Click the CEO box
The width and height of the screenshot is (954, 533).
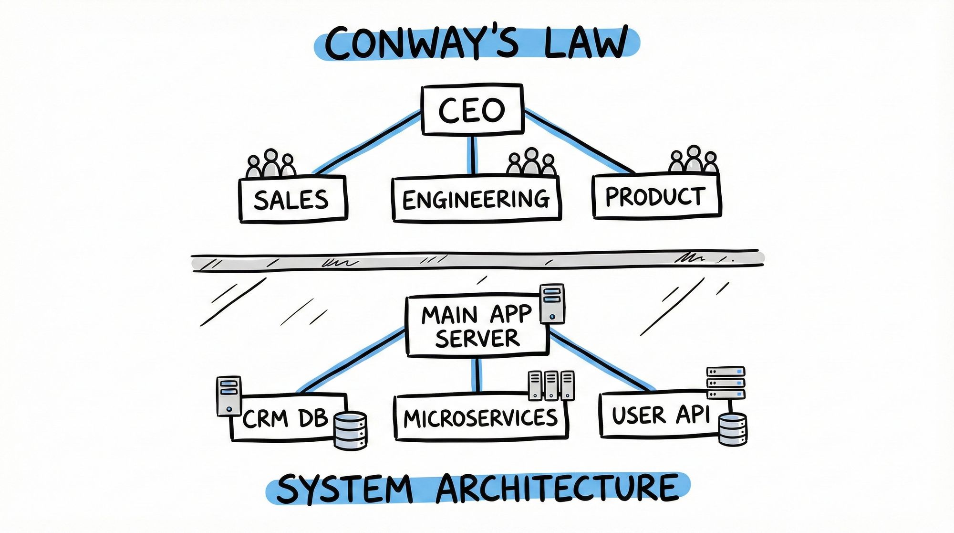[472, 110]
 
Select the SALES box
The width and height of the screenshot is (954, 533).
[292, 199]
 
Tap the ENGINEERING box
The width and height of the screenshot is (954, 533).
[476, 199]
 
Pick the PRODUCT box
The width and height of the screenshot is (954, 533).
[656, 197]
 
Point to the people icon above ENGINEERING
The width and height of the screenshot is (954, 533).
[531, 162]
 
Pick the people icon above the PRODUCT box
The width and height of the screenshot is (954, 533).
[694, 160]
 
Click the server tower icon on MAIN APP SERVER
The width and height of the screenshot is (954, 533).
[552, 304]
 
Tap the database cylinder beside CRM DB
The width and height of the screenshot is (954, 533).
[351, 431]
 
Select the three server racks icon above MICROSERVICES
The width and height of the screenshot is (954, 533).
[551, 385]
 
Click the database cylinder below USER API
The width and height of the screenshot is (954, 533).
[733, 429]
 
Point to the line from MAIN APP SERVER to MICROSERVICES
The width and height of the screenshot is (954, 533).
[477, 375]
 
